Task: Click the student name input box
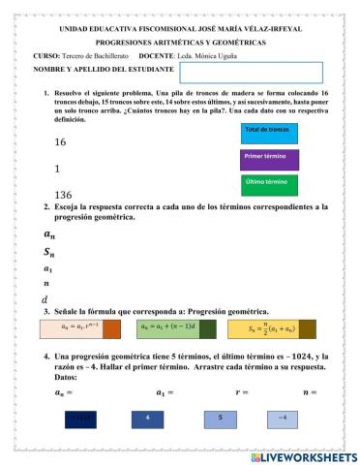coord(248,71)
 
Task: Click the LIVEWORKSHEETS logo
coord(296,456)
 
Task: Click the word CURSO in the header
coord(45,56)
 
